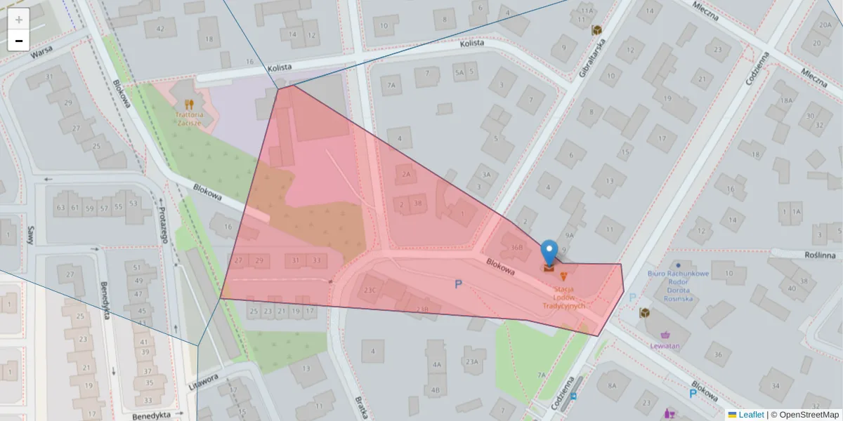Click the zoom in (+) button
pos(18,20)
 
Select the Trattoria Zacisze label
pos(190,118)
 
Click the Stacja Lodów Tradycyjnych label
pos(564,297)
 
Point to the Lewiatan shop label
pos(664,346)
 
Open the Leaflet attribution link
pos(750,415)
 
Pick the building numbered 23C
pos(370,289)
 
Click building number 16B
pos(517,247)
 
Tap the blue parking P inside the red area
pos(459,285)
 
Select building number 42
pos(161,29)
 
